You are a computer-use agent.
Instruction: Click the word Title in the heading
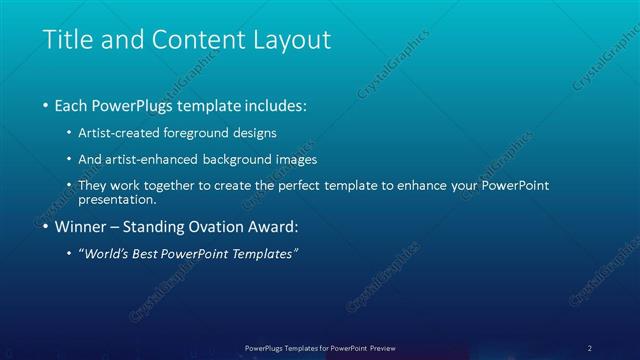[67, 40]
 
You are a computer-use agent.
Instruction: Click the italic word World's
[107, 254]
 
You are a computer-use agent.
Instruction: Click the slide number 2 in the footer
[590, 348]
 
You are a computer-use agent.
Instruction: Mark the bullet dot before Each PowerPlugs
[45, 105]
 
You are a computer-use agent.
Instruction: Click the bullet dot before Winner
[45, 227]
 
